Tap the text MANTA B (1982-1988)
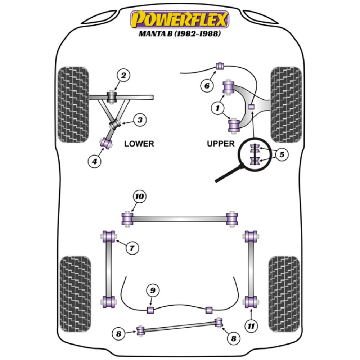point(179,35)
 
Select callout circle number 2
point(123,75)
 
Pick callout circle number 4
point(94,162)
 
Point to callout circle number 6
point(207,86)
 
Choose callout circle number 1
point(217,107)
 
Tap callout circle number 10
point(139,197)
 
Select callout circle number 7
point(132,248)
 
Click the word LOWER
point(139,144)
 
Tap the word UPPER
point(220,144)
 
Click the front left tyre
point(73,104)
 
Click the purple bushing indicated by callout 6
point(220,66)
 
